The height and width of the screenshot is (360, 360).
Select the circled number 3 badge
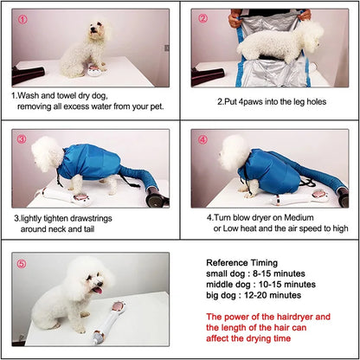click(x=22, y=139)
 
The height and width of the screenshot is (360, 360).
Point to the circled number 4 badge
click(x=202, y=139)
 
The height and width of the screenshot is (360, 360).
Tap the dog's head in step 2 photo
click(x=306, y=37)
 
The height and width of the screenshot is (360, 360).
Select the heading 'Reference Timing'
click(x=241, y=262)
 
